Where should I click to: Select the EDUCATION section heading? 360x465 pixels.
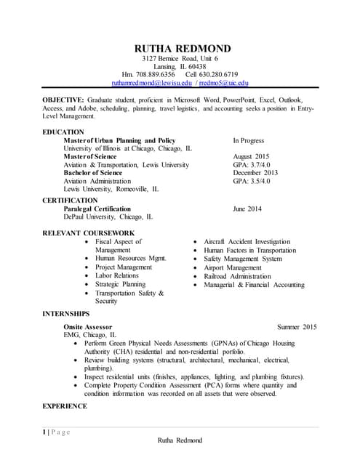(x=63, y=132)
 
